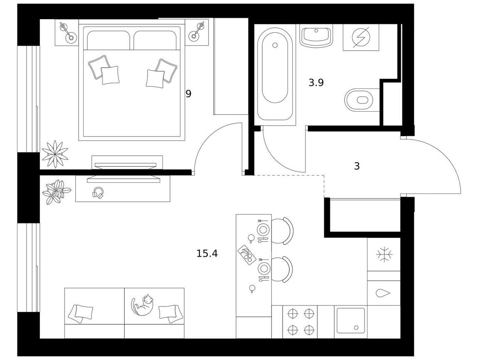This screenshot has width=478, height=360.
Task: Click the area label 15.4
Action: [207, 253]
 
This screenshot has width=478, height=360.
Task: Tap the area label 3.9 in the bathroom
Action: [316, 82]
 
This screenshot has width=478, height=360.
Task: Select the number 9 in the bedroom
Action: [188, 94]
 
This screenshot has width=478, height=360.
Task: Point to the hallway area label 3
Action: [357, 166]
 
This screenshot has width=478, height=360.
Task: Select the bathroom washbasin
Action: [316, 36]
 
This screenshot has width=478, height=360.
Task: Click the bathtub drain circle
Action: [275, 45]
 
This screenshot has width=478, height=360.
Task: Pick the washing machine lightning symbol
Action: [361, 37]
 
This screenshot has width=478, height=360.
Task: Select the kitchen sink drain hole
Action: [356, 328]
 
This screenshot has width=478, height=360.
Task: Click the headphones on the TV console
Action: [98, 193]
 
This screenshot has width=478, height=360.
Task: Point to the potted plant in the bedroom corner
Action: [55, 154]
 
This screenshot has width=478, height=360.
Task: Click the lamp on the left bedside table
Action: [67, 32]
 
